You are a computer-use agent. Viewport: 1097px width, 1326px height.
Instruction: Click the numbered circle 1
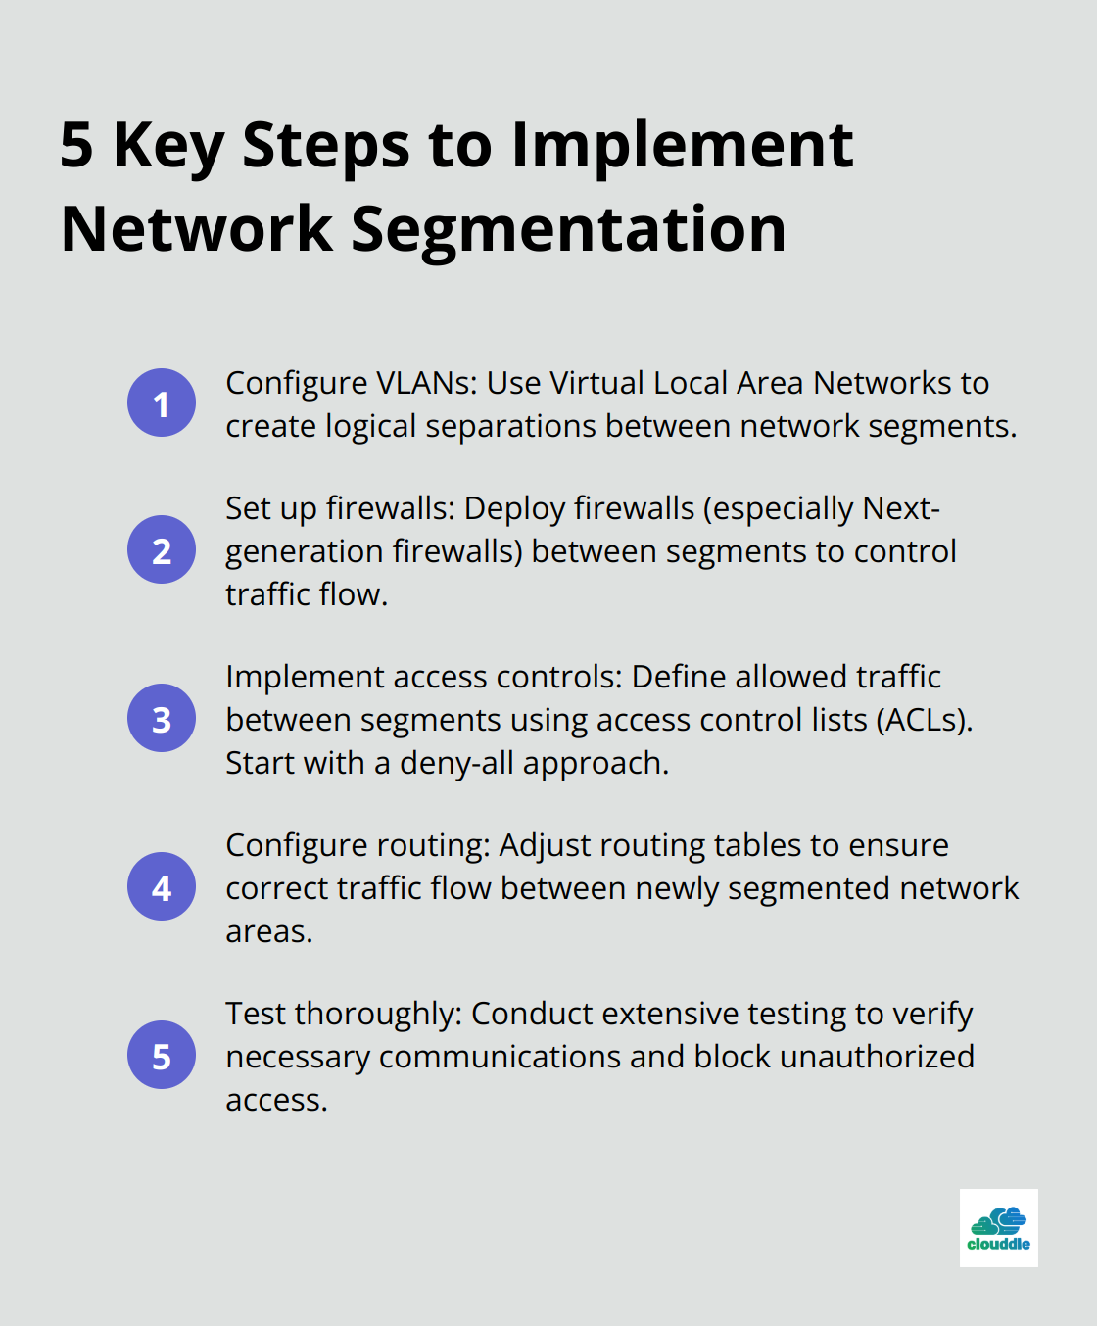tap(162, 403)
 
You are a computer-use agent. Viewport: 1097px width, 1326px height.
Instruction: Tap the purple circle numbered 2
tap(162, 549)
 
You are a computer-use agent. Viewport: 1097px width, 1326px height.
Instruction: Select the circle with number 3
tap(162, 718)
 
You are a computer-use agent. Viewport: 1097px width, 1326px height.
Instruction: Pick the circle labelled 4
tap(162, 886)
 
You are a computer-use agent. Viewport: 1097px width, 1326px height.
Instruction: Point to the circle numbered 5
tap(162, 1055)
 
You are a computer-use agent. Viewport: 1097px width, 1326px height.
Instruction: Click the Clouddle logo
tap(998, 1228)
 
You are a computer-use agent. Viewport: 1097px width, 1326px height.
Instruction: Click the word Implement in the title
tap(683, 146)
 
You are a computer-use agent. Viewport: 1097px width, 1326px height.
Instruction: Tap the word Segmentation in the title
tap(568, 230)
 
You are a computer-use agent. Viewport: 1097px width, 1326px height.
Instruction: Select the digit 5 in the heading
tap(77, 145)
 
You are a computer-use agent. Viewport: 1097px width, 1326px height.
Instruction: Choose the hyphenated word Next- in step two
tap(901, 508)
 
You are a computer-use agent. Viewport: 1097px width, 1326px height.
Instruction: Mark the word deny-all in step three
tap(456, 763)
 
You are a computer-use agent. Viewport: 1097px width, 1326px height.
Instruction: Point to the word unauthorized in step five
tap(877, 1057)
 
